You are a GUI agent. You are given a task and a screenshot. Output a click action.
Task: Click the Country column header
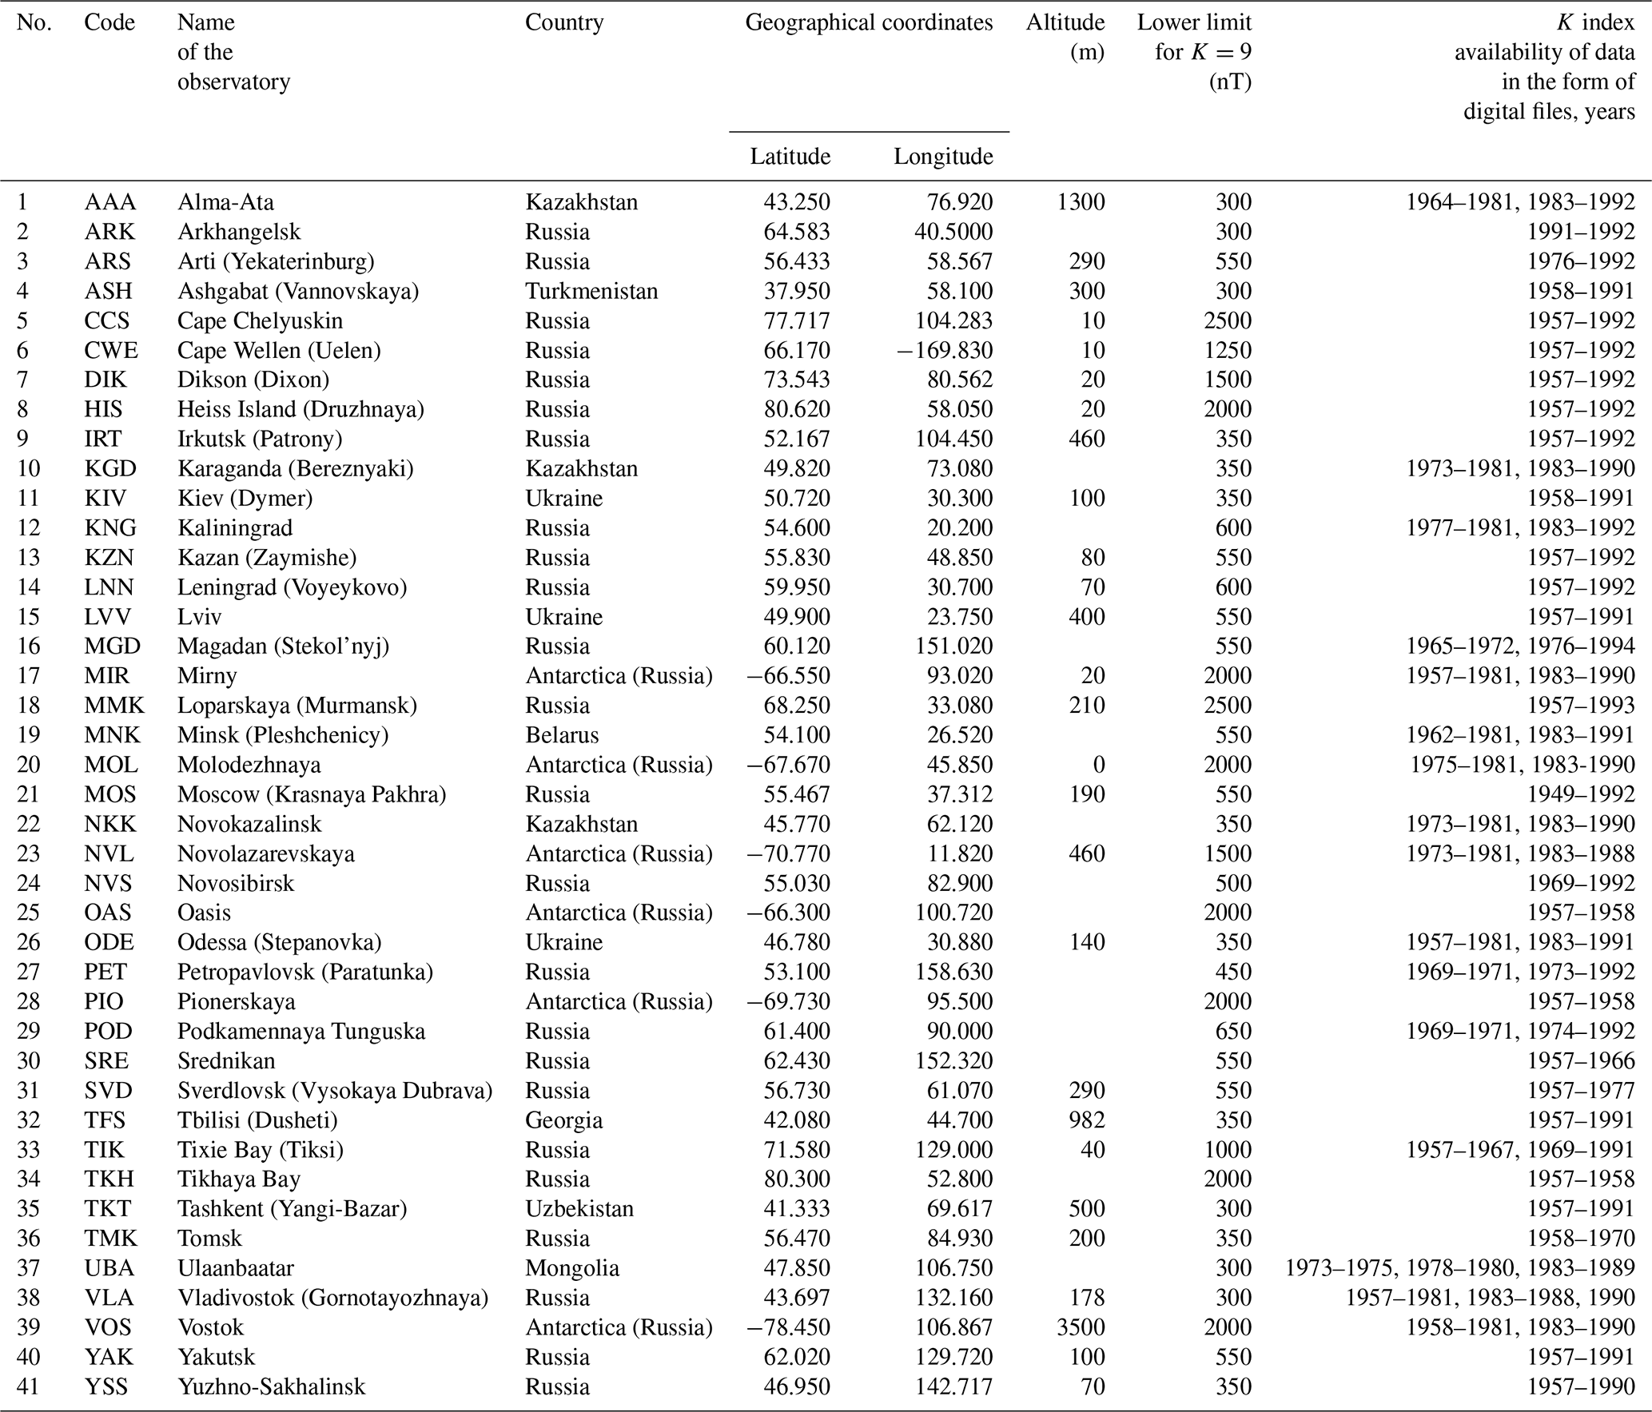click(x=564, y=22)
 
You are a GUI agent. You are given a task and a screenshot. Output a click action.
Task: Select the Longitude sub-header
click(x=943, y=156)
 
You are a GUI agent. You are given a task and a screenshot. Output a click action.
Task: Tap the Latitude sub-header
click(x=790, y=156)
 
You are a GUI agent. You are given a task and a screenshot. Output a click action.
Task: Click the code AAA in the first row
click(x=109, y=202)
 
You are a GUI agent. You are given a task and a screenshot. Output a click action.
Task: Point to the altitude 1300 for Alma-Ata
click(x=1081, y=202)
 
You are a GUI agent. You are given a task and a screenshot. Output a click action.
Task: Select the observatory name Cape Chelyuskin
click(x=260, y=320)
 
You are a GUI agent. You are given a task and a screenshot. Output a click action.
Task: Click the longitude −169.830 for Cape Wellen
click(x=944, y=350)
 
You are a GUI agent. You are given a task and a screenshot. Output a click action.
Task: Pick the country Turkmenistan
click(x=591, y=291)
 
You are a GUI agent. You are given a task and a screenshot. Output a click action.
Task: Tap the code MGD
click(x=112, y=646)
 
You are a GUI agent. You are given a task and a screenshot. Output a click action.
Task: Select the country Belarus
click(x=562, y=734)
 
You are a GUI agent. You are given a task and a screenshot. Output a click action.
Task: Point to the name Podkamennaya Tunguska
click(x=301, y=1031)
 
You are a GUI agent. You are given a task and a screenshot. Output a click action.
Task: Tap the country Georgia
click(x=563, y=1120)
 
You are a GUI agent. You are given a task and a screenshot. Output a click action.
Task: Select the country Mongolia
click(x=572, y=1268)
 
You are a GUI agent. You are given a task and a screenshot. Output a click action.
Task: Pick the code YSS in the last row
click(x=106, y=1386)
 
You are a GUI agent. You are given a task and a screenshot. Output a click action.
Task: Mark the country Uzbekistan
click(x=579, y=1208)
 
